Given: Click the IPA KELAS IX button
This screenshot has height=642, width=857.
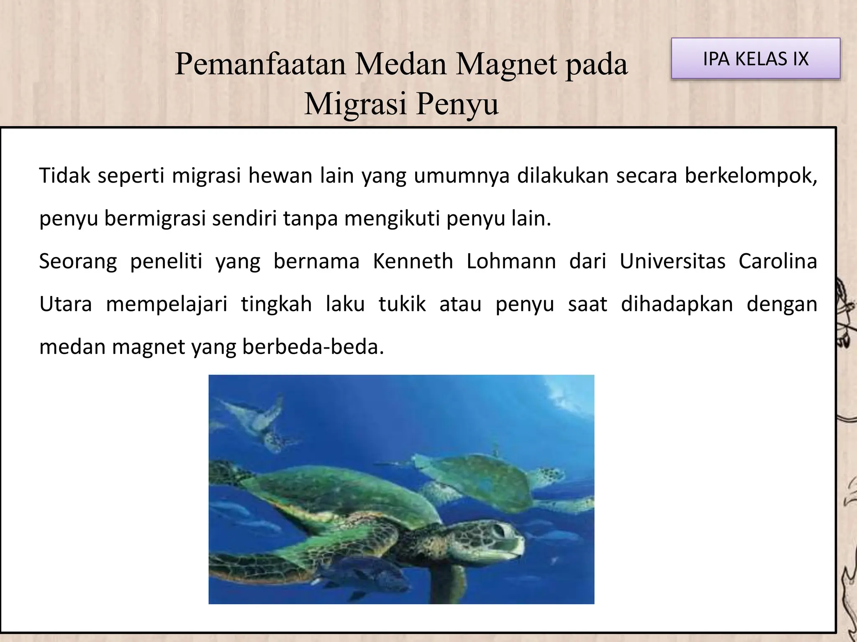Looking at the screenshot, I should (x=755, y=59).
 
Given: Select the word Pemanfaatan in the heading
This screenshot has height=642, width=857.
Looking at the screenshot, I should (x=260, y=64).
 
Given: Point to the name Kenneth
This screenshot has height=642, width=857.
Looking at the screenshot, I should (x=413, y=262).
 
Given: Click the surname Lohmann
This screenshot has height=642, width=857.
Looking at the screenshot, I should (x=511, y=262).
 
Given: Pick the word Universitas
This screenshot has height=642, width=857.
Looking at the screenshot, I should (x=672, y=262).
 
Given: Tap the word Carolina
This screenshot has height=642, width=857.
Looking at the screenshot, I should (x=777, y=262).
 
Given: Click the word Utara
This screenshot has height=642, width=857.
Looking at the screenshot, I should (x=65, y=304).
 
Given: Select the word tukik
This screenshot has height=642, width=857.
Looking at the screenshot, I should (x=402, y=304).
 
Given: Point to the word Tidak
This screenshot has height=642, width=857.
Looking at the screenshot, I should (x=64, y=176).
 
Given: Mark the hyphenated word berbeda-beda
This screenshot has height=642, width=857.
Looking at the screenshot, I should (x=313, y=347).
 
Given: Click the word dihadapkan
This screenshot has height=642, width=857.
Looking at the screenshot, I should (x=677, y=304).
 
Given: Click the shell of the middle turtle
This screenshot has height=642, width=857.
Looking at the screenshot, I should (x=481, y=481).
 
